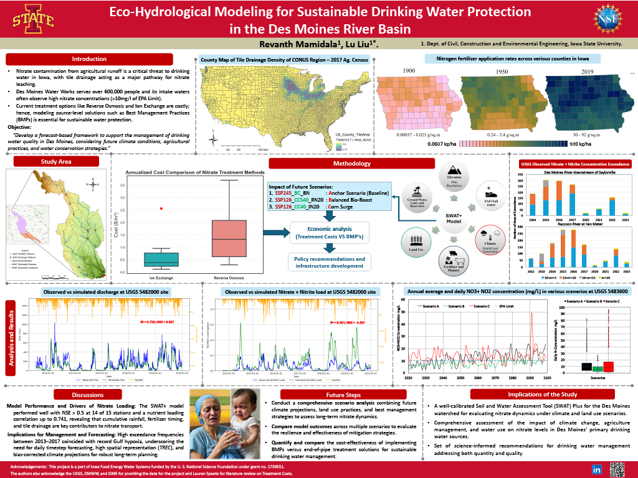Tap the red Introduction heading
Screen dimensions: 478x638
pyautogui.click(x=89, y=59)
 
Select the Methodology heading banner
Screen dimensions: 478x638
pyautogui.click(x=351, y=164)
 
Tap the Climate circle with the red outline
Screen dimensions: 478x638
pyautogui.click(x=488, y=240)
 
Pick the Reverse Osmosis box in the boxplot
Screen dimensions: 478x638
pyautogui.click(x=229, y=238)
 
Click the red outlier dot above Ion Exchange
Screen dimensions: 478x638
pyautogui.click(x=161, y=209)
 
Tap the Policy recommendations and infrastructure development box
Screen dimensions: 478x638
pyautogui.click(x=330, y=262)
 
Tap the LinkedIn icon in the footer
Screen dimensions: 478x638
pyautogui.click(x=596, y=469)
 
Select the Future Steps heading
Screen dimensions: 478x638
pyautogui.click(x=338, y=395)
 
